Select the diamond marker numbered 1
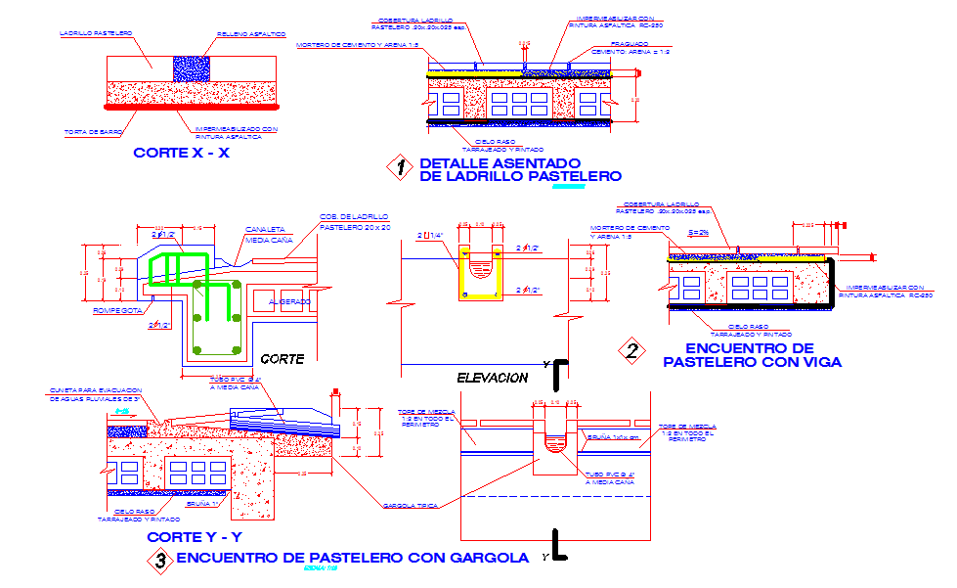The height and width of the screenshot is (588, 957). [x=399, y=167]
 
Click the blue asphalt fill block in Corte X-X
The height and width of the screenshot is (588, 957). [x=191, y=68]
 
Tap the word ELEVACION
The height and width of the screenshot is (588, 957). [x=492, y=378]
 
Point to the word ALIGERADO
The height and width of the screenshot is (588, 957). [x=289, y=302]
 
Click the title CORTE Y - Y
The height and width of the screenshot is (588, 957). [x=194, y=537]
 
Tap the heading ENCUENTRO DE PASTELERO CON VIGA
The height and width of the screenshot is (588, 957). [x=750, y=354]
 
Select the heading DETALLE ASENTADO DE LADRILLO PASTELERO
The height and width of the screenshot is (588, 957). [x=519, y=169]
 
